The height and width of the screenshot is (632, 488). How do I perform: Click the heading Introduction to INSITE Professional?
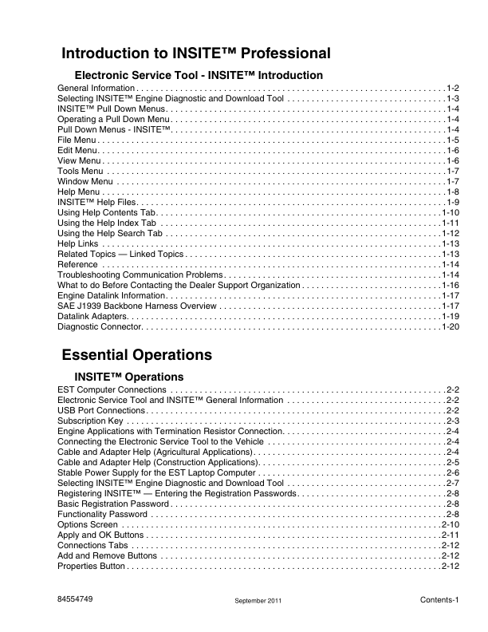tap(196, 54)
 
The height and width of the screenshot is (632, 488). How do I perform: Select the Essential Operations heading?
tap(137, 354)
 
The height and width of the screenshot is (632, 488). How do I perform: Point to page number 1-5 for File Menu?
tap(452, 140)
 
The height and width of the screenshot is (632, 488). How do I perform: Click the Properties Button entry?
tap(92, 566)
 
